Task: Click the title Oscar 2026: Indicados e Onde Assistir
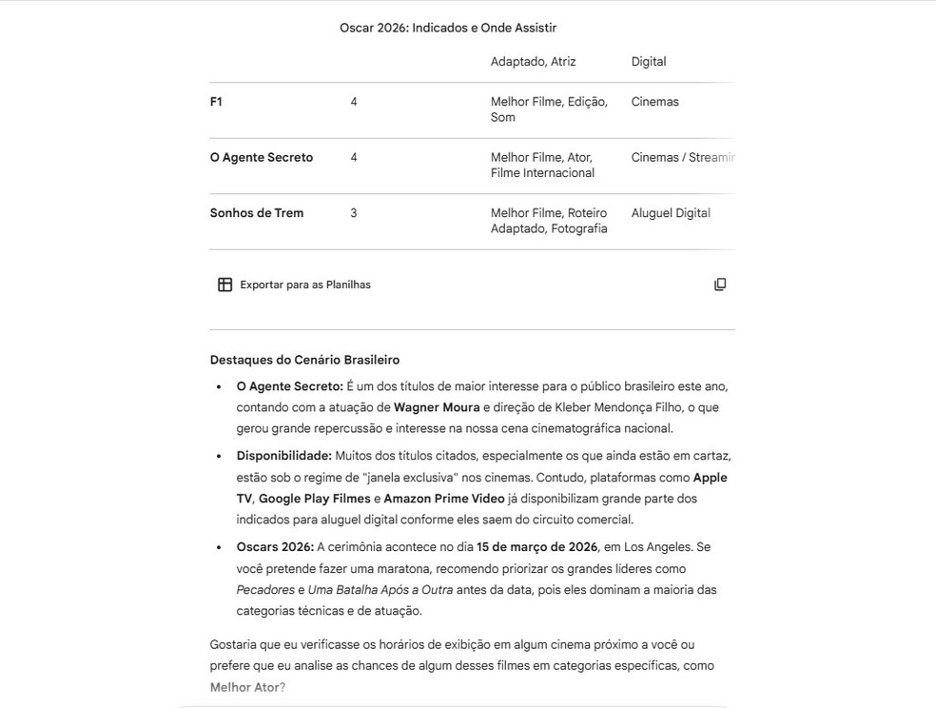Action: (448, 28)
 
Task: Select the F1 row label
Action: (216, 102)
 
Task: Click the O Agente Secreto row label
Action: (262, 158)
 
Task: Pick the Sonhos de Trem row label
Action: (257, 213)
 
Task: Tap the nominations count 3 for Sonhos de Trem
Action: (354, 213)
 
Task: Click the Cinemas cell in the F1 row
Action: (654, 102)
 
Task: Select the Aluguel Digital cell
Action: (671, 213)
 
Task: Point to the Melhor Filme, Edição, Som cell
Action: (549, 109)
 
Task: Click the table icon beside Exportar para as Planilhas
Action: (225, 285)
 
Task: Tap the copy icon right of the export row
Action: (720, 285)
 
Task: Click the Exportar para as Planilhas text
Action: (305, 285)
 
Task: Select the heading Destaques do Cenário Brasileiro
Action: (304, 360)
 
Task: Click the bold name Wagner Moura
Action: (437, 407)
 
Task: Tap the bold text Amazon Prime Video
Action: (444, 499)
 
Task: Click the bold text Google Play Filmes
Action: (314, 499)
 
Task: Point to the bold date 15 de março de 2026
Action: (537, 547)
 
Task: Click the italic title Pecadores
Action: (265, 590)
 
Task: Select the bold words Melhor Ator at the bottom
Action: (244, 687)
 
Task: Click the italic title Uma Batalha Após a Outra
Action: (380, 590)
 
